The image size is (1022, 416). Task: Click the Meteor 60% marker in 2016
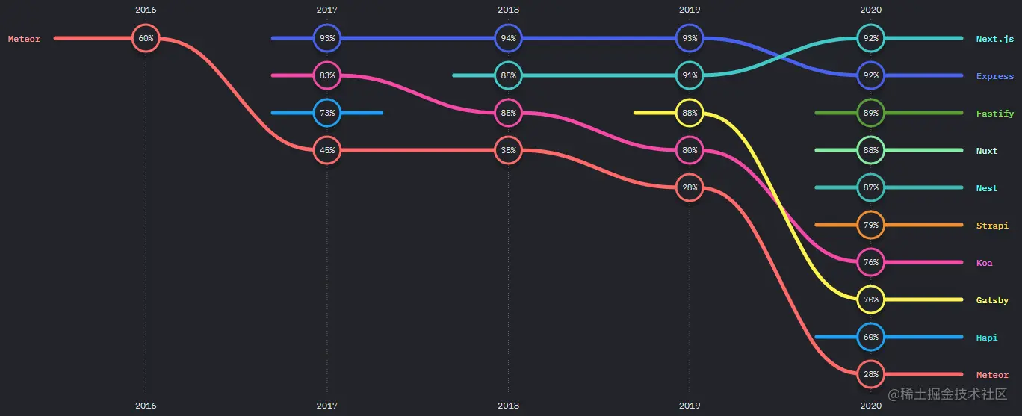[x=146, y=38]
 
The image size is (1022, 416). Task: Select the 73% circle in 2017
[x=327, y=113]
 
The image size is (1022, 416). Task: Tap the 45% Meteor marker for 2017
[x=327, y=150]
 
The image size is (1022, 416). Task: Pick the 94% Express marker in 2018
[x=508, y=38]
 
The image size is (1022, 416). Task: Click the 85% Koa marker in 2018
[x=508, y=113]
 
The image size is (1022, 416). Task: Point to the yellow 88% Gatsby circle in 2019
[x=690, y=113]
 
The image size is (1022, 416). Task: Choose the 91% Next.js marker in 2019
[x=690, y=75]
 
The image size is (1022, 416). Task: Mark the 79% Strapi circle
[x=870, y=225]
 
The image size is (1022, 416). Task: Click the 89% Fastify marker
[x=870, y=113]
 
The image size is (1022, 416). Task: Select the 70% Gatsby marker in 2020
[x=870, y=299]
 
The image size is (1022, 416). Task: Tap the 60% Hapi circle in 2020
[x=870, y=337]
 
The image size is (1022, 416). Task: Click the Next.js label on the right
[x=994, y=38]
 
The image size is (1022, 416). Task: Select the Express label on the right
[x=994, y=76]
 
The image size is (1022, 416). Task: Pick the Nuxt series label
[x=986, y=151]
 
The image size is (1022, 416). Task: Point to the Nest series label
[x=986, y=188]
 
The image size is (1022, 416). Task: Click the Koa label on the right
[x=984, y=263]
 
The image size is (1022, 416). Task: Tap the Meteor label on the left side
[x=24, y=39]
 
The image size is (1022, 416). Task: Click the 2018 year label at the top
[x=508, y=10]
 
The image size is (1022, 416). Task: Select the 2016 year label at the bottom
[x=146, y=405]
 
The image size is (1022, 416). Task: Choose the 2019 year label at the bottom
[x=690, y=405]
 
